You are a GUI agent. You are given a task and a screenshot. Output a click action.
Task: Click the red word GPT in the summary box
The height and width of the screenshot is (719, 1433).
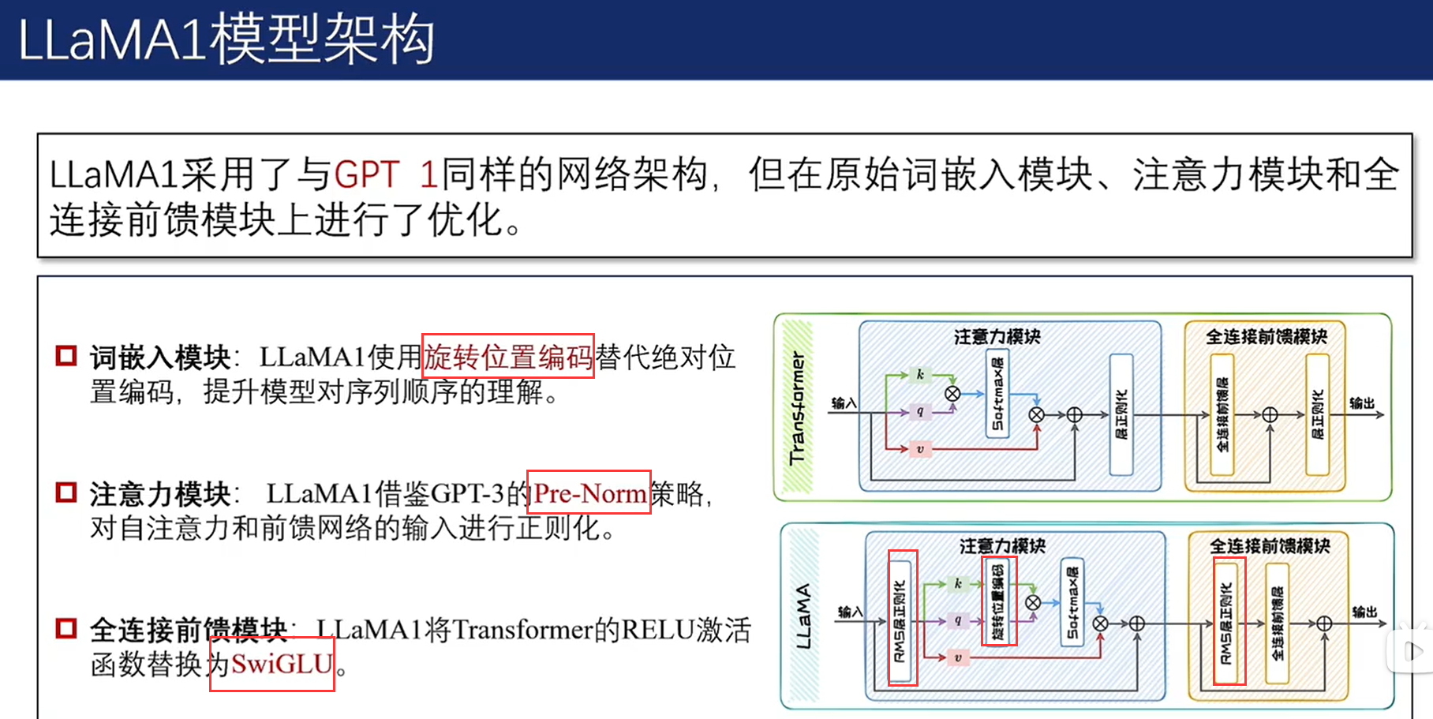click(x=367, y=174)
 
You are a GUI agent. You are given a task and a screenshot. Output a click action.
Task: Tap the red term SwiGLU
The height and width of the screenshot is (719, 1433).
click(x=282, y=664)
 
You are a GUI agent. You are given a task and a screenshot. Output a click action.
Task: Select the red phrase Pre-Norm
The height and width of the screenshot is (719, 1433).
click(x=589, y=493)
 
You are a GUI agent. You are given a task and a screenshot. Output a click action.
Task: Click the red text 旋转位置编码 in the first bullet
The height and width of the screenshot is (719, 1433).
click(x=508, y=357)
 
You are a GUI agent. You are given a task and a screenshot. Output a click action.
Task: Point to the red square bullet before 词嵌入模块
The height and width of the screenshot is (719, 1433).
click(x=66, y=356)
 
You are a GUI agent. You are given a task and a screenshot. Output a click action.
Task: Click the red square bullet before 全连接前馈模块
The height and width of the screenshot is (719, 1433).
click(x=66, y=629)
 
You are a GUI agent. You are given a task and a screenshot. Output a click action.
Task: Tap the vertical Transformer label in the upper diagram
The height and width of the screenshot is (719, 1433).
click(x=798, y=407)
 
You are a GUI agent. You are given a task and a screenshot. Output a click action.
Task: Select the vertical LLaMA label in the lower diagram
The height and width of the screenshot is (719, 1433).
click(x=803, y=616)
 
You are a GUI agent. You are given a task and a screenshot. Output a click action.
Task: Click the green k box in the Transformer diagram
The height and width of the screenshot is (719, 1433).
click(x=920, y=375)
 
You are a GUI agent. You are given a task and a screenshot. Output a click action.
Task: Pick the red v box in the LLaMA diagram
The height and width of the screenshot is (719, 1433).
click(x=958, y=657)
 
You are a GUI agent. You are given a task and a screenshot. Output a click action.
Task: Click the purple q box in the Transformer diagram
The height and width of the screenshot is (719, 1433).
click(x=920, y=411)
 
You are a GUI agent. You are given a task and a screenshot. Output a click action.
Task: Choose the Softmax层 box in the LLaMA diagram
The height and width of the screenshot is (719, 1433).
click(x=1072, y=602)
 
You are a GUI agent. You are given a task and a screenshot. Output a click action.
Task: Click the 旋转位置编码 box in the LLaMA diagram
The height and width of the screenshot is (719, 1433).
click(x=998, y=601)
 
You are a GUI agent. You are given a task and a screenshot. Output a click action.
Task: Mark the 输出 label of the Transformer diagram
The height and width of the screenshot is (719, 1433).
click(x=1362, y=403)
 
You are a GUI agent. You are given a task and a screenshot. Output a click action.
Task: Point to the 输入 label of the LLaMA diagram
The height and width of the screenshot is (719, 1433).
click(x=850, y=612)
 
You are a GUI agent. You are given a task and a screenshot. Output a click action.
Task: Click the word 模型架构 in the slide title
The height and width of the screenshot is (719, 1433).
click(x=323, y=39)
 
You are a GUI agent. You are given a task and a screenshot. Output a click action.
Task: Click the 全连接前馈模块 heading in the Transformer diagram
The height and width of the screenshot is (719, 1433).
click(x=1266, y=337)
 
